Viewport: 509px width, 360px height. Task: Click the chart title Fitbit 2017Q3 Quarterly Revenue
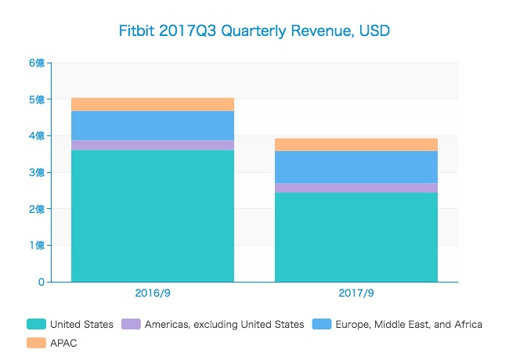[254, 31]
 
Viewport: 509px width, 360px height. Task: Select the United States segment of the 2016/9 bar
[153, 215]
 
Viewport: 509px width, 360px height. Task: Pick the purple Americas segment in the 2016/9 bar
[153, 145]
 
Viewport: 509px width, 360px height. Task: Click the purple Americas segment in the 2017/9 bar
[356, 188]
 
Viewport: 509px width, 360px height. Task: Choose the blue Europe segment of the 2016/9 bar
[153, 125]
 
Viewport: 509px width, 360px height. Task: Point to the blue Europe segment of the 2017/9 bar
[356, 167]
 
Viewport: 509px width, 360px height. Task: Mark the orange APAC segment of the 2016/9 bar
[153, 104]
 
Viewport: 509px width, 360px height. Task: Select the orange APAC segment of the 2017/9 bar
[356, 144]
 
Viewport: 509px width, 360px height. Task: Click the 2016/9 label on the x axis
[153, 293]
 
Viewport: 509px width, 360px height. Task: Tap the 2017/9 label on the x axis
[356, 293]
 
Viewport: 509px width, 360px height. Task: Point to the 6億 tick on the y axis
[36, 63]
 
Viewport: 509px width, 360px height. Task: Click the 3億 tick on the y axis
[36, 172]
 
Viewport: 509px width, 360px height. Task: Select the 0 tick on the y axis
[42, 282]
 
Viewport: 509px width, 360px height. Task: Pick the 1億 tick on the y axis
[36, 245]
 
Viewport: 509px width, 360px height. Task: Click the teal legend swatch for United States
[36, 324]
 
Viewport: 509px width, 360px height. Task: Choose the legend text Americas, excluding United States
[224, 324]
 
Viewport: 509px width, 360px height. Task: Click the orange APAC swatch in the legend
[36, 343]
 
